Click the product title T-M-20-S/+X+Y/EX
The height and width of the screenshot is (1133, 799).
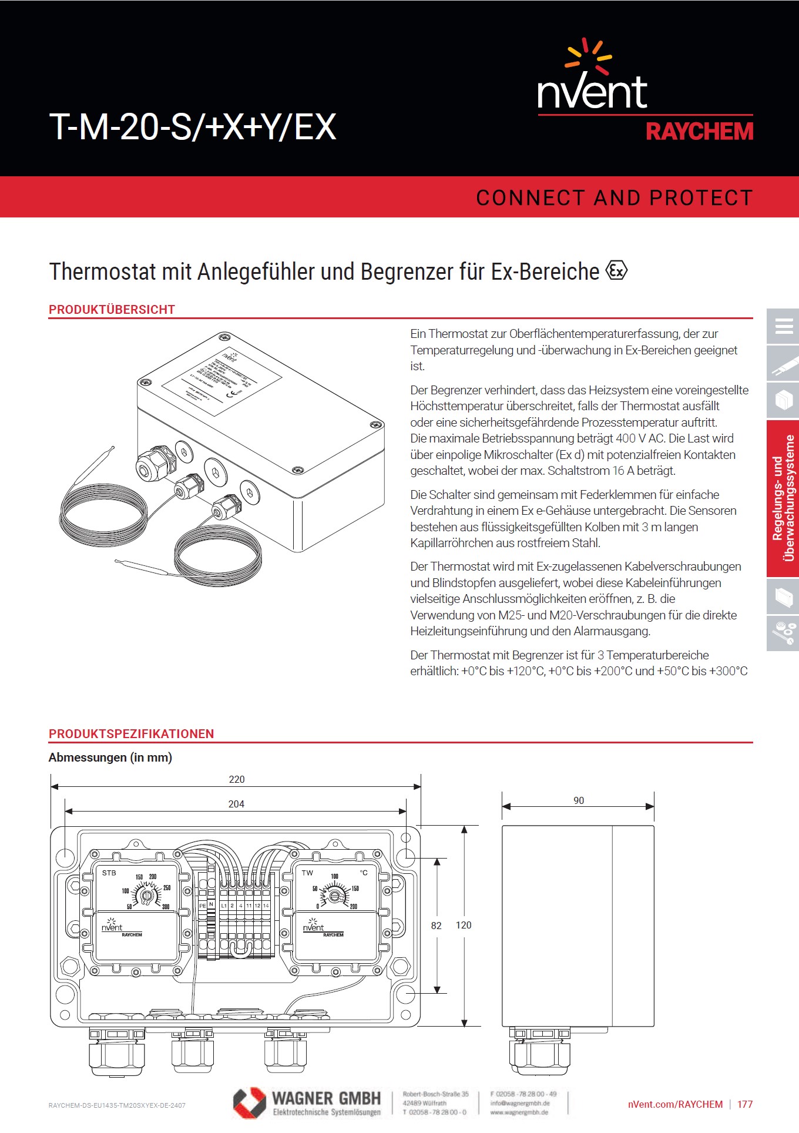pyautogui.click(x=193, y=126)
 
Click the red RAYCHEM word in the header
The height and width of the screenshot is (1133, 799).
pyautogui.click(x=699, y=132)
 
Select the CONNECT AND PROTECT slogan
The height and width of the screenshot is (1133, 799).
pyautogui.click(x=614, y=198)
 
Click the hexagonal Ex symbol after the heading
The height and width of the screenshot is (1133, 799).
pyautogui.click(x=616, y=271)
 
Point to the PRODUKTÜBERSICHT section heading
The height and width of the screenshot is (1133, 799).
pyautogui.click(x=112, y=310)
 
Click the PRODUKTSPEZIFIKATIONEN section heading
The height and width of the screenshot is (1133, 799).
pyautogui.click(x=131, y=733)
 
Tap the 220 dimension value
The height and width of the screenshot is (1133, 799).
pyautogui.click(x=236, y=779)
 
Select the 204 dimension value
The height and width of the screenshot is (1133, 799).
pyautogui.click(x=236, y=804)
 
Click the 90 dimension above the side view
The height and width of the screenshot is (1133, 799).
pyautogui.click(x=579, y=800)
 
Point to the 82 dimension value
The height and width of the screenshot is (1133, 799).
pyautogui.click(x=436, y=926)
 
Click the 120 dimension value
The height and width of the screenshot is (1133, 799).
pyautogui.click(x=464, y=925)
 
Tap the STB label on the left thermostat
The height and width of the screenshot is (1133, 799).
pyautogui.click(x=109, y=873)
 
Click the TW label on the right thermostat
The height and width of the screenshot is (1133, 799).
pyautogui.click(x=307, y=873)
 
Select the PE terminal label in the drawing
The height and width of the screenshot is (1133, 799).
pyautogui.click(x=202, y=906)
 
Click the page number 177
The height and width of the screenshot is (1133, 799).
pyautogui.click(x=745, y=1104)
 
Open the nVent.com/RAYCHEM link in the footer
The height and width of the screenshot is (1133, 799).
pyautogui.click(x=675, y=1104)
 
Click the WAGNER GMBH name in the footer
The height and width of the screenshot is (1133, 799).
pyautogui.click(x=326, y=1098)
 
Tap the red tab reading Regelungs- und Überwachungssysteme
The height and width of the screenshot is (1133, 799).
pyautogui.click(x=783, y=498)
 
